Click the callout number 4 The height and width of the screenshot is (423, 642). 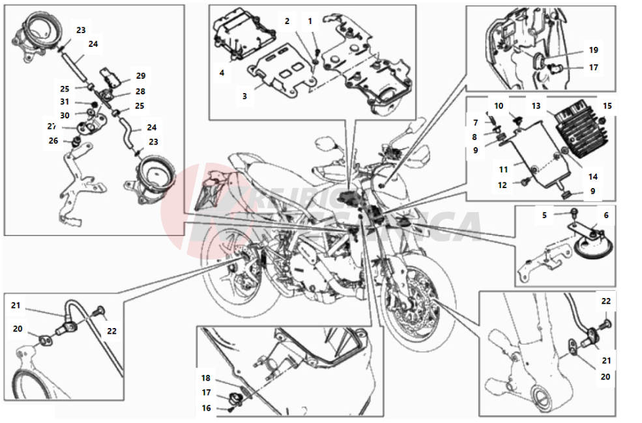[222, 73]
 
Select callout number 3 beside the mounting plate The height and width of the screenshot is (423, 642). [244, 96]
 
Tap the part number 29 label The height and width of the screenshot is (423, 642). [141, 75]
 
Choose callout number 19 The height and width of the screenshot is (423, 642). [593, 50]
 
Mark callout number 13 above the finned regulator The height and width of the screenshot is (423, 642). [536, 105]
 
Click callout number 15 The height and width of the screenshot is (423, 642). [607, 105]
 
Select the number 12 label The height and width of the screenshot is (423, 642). [503, 185]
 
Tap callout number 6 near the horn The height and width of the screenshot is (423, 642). [606, 215]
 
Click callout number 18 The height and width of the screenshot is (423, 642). [206, 378]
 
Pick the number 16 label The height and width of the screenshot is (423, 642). [206, 408]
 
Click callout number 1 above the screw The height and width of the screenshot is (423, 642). [310, 21]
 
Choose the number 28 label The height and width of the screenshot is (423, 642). [141, 92]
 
